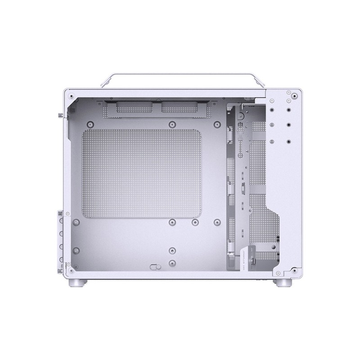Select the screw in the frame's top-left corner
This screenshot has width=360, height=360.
[x=72, y=95]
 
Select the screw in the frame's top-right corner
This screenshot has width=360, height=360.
[x=294, y=95]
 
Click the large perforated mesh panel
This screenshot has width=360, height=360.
[x=141, y=174]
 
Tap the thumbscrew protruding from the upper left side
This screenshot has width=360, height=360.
[x=62, y=115]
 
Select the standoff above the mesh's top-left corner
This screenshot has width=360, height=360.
[x=90, y=124]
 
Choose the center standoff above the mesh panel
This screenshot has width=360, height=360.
[x=171, y=124]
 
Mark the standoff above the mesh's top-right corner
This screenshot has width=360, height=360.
[x=217, y=124]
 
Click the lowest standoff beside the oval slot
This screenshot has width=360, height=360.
[x=171, y=263]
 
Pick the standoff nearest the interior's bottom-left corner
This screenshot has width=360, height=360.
[x=76, y=250]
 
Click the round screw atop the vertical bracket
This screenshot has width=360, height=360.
[x=240, y=116]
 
